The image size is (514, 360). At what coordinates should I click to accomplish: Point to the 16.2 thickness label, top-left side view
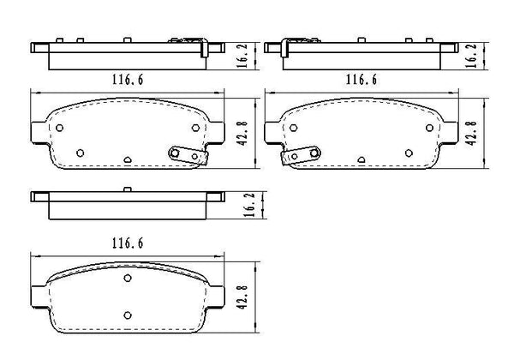tap(242, 56)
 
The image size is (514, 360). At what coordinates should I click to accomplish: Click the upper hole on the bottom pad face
tap(126, 279)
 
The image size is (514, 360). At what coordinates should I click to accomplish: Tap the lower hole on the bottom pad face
tap(126, 314)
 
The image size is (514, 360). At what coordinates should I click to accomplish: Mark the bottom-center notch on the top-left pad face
tap(126, 159)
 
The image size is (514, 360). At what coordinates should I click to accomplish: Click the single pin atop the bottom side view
tap(126, 189)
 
